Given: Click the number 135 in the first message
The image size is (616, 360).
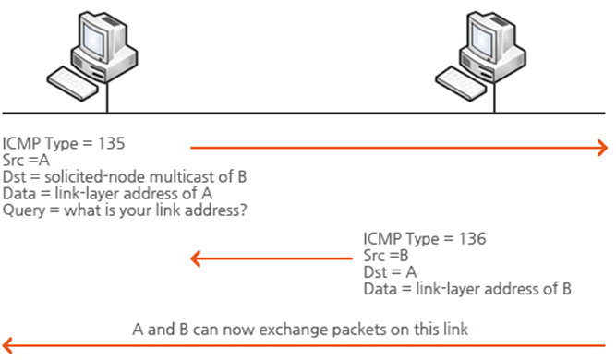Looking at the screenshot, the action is [x=111, y=143].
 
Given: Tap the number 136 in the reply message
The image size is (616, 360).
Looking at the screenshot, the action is [x=473, y=239].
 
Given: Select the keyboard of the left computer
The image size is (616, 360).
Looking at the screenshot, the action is [x=73, y=84].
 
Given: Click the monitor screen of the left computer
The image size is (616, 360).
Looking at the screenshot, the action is [x=94, y=40].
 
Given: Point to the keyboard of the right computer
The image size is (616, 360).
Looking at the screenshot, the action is [x=461, y=84].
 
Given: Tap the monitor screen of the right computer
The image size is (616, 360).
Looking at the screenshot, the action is [x=482, y=40].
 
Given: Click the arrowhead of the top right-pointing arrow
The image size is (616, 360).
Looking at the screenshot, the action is [x=603, y=148].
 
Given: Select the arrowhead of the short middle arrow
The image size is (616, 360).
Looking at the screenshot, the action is [x=196, y=258].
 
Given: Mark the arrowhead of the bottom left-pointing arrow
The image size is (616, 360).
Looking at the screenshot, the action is [x=7, y=345].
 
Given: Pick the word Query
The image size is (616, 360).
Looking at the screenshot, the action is [x=24, y=210].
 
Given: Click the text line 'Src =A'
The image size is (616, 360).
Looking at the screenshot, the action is [x=26, y=161].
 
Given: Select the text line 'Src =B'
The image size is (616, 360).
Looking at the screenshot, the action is [x=386, y=256].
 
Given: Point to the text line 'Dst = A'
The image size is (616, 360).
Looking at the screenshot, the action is [x=390, y=272].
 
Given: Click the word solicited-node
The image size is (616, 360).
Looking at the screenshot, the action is [x=95, y=177].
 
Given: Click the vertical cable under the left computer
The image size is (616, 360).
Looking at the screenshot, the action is [x=107, y=97].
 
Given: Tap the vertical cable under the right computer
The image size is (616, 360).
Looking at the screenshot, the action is [x=494, y=97].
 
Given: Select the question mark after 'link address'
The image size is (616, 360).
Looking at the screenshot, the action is [x=243, y=210].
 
